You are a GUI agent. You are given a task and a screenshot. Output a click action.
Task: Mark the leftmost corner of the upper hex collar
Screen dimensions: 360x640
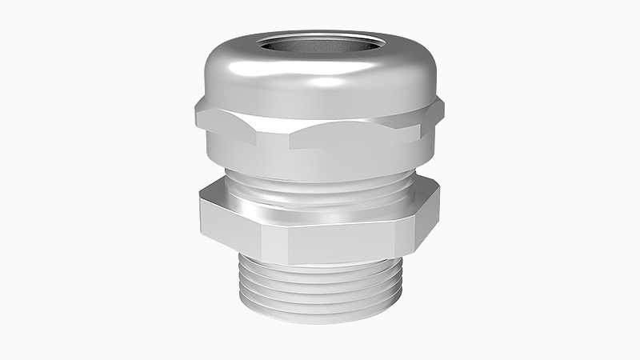pos(194,114)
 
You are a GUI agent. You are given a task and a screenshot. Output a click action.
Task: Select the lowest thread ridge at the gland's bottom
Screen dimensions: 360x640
pos(320,314)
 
